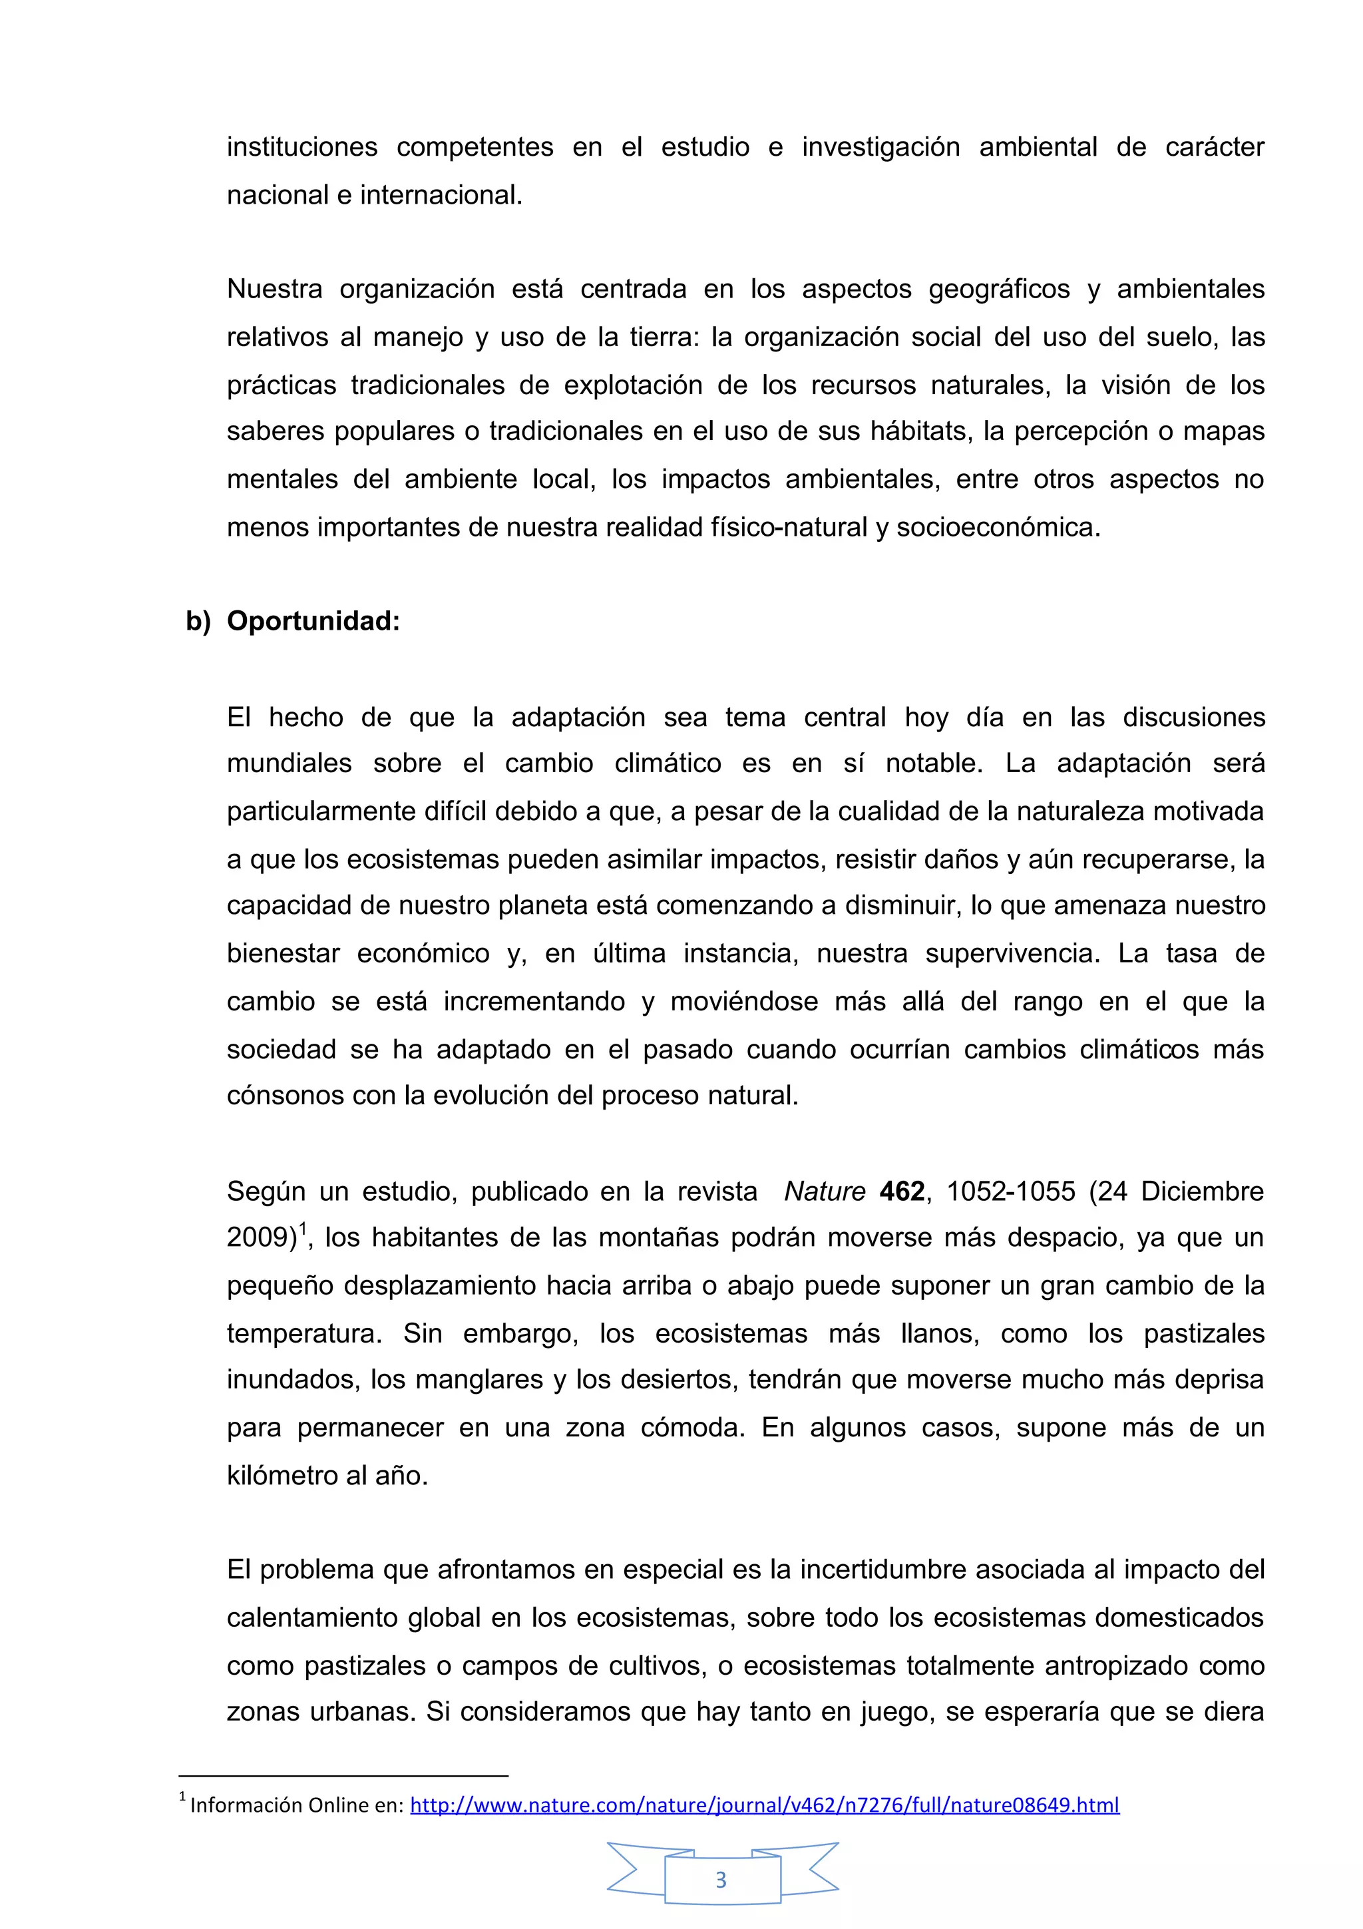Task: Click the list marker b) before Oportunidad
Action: (x=198, y=621)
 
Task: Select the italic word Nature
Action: (x=824, y=1191)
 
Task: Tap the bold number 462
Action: (x=902, y=1191)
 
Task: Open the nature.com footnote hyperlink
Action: (x=764, y=1804)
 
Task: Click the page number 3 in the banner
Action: (x=721, y=1880)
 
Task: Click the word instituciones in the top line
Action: (x=302, y=147)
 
